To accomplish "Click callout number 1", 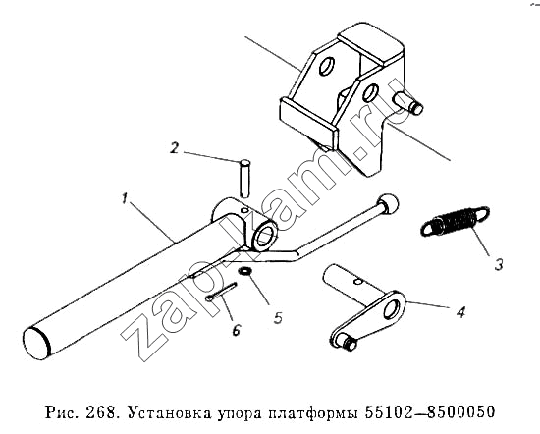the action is pyautogui.click(x=125, y=199).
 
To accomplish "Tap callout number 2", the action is pyautogui.click(x=174, y=148).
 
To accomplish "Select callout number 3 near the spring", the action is pyautogui.click(x=499, y=264).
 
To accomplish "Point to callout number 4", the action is pyautogui.click(x=460, y=311).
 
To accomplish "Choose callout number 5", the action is pyautogui.click(x=278, y=317).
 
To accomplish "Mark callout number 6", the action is pyautogui.click(x=236, y=329).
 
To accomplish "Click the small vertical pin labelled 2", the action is pyautogui.click(x=243, y=178).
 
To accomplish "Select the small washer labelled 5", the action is pyautogui.click(x=245, y=271).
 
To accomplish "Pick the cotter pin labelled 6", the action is pyautogui.click(x=221, y=292).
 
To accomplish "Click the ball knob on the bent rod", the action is pyautogui.click(x=388, y=203).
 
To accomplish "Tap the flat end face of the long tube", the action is pyautogui.click(x=35, y=343).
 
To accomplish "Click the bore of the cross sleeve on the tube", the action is pyautogui.click(x=264, y=237).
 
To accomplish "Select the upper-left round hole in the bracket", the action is pyautogui.click(x=327, y=67).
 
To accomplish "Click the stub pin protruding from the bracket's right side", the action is pyautogui.click(x=408, y=103).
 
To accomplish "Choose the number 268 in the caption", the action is pyautogui.click(x=102, y=412).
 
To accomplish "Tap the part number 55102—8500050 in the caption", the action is pyautogui.click(x=429, y=411).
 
